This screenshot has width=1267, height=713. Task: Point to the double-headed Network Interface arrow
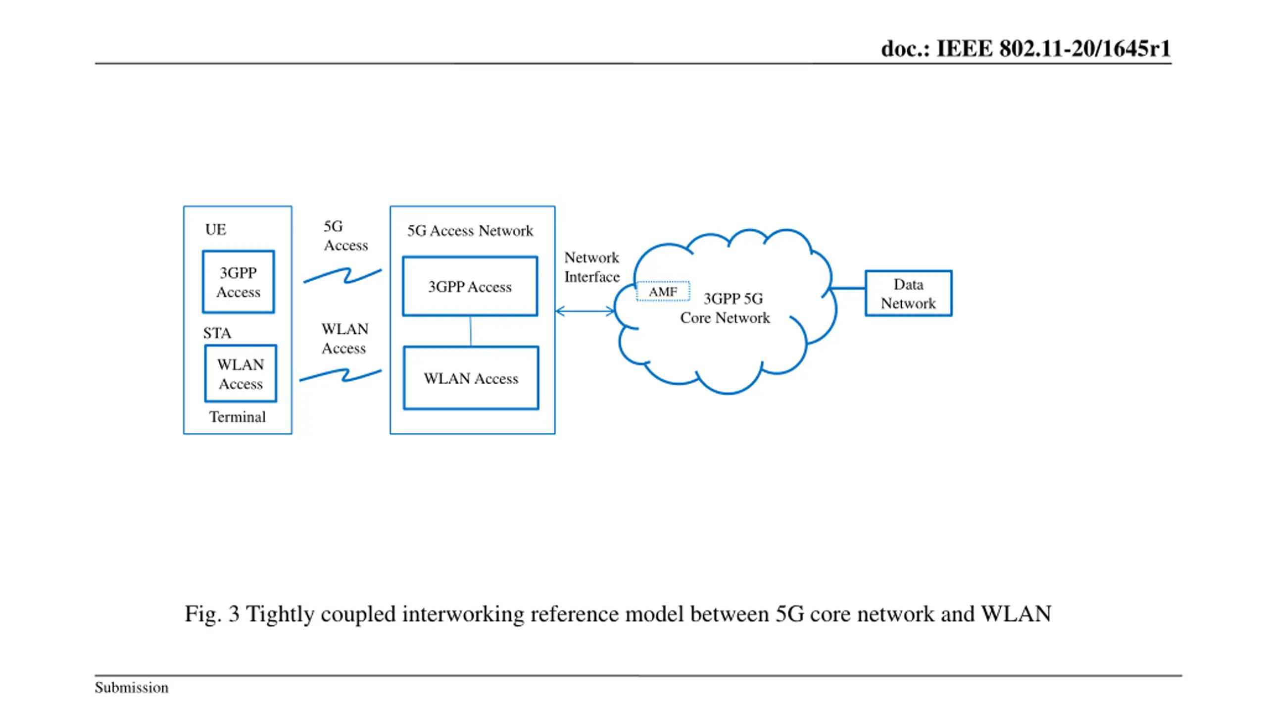[585, 311]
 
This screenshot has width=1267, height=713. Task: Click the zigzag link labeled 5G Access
[342, 275]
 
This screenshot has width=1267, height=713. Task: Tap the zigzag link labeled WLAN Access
[341, 375]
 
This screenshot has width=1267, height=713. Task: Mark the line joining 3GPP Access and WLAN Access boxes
[470, 331]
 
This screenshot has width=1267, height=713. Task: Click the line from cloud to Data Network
[847, 288]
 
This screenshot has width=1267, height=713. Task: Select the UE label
[215, 230]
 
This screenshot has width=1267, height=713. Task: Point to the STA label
[217, 333]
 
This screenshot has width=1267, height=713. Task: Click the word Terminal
[237, 417]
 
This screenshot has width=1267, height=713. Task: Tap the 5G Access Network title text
[470, 231]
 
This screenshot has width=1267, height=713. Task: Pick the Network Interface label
[592, 267]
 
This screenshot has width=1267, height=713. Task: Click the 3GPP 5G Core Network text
[726, 308]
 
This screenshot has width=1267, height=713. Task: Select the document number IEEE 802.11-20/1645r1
[1054, 49]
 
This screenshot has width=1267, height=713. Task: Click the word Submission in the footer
[132, 687]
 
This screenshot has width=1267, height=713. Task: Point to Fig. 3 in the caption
[212, 614]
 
